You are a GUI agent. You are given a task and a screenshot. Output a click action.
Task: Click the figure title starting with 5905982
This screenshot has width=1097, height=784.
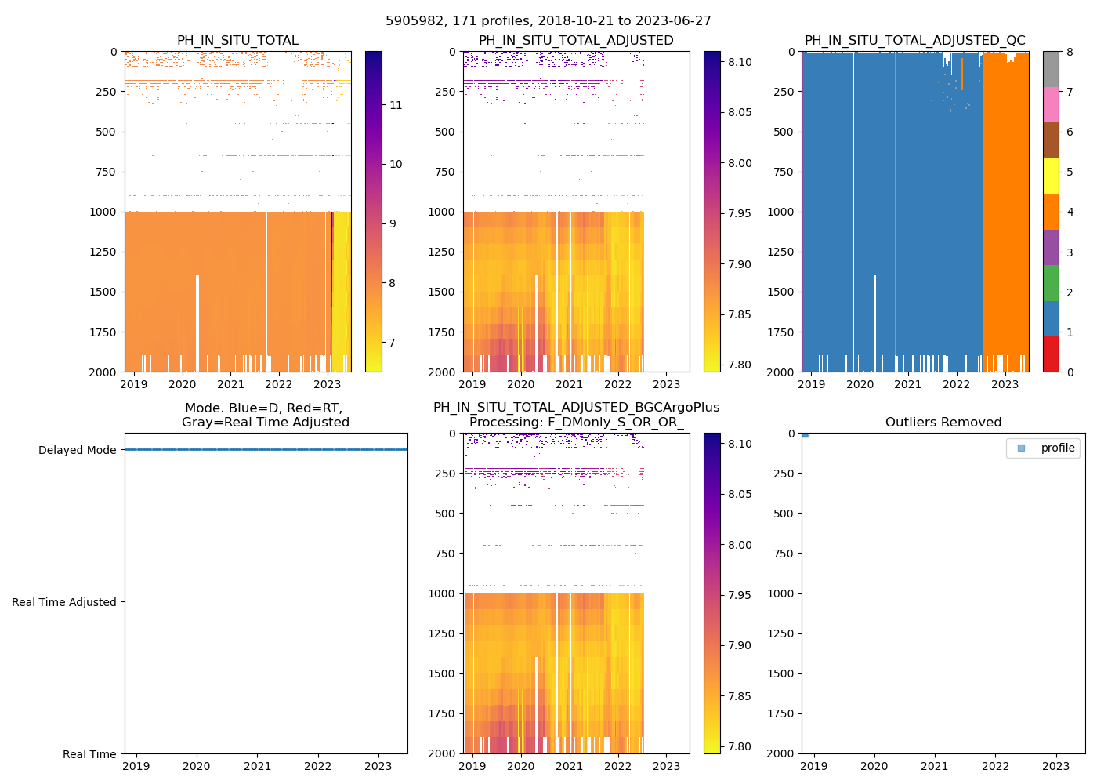tap(548, 21)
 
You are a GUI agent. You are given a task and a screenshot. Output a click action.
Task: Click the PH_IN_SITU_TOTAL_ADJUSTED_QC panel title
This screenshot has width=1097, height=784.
tap(914, 41)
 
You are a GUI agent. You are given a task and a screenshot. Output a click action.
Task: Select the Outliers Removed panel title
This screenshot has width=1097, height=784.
tap(943, 423)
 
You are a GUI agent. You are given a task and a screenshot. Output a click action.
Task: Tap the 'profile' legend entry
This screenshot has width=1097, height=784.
tap(1057, 448)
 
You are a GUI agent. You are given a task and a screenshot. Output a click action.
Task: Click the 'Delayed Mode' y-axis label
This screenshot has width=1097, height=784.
tap(77, 450)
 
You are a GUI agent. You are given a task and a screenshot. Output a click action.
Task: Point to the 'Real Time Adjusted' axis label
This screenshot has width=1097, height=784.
tap(64, 602)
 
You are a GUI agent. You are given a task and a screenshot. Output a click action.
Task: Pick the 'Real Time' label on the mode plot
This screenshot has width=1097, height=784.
tap(89, 754)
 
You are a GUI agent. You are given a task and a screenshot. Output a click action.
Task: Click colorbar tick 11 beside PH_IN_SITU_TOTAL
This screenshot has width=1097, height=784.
tap(396, 105)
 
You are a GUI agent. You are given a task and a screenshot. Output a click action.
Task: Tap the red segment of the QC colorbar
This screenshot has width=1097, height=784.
tap(1051, 354)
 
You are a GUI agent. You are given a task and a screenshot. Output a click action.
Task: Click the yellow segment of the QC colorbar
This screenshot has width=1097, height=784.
tap(1051, 176)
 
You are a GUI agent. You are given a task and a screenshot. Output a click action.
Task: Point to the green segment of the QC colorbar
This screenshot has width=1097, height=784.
tap(1051, 282)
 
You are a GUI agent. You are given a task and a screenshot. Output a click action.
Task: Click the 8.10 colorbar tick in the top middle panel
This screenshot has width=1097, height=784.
tap(739, 62)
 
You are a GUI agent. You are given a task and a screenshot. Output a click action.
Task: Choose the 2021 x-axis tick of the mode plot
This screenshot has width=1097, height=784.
tap(257, 766)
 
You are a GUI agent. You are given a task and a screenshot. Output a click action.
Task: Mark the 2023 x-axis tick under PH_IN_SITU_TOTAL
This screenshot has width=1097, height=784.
tap(327, 384)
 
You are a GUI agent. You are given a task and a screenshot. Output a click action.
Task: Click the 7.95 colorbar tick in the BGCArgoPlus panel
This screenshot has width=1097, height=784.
tap(739, 595)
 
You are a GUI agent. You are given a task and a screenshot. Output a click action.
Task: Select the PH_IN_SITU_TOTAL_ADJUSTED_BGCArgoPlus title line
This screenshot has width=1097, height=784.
tap(576, 408)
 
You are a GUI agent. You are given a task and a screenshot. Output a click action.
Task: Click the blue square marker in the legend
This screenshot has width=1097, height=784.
tap(1021, 448)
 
